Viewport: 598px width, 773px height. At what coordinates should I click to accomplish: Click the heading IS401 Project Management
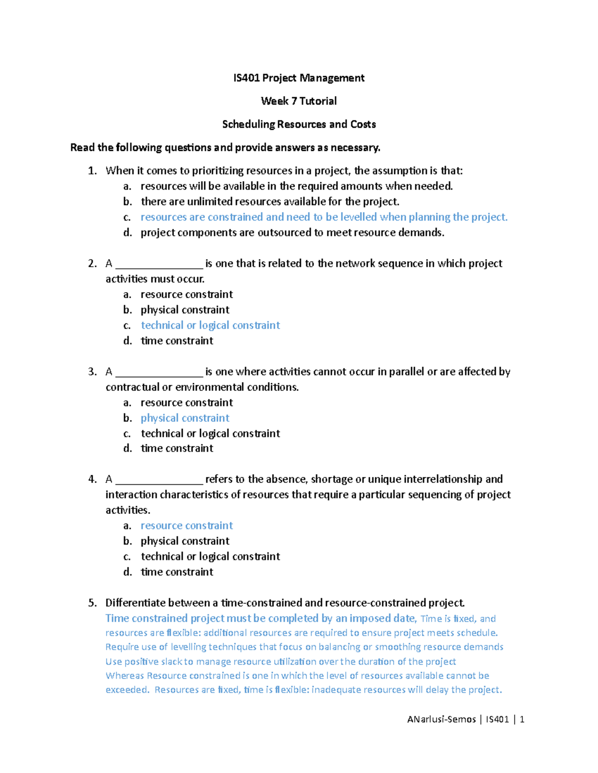(299, 78)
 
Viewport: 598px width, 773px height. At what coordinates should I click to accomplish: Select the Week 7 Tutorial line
(299, 101)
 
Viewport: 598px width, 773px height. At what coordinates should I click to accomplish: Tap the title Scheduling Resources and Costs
(299, 124)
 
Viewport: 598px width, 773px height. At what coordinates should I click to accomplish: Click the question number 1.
(92, 171)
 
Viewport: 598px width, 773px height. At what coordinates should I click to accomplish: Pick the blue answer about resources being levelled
(324, 217)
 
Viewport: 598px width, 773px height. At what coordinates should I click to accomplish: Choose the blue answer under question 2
(210, 326)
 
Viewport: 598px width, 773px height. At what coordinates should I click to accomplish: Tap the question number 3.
(92, 372)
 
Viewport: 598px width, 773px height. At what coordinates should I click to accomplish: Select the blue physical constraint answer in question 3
(185, 418)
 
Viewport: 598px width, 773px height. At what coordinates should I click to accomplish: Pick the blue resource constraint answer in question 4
(187, 526)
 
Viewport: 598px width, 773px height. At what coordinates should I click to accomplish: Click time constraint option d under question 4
(177, 572)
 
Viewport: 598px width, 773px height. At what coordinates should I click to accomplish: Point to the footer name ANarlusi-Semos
(441, 719)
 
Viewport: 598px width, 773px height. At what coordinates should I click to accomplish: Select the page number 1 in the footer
(522, 719)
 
